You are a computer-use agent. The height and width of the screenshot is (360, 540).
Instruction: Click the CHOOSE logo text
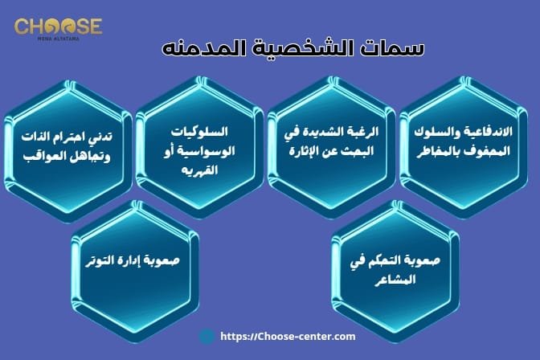58,27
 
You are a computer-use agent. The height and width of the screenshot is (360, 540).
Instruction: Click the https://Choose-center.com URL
287,337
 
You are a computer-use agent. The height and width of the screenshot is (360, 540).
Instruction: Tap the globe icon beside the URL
207,337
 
